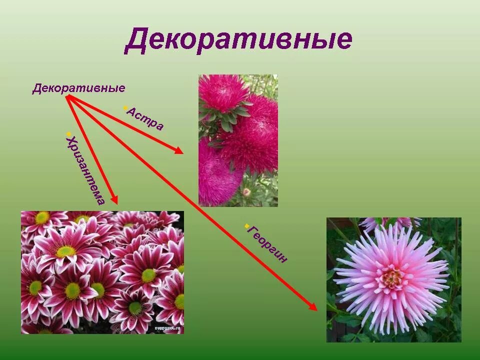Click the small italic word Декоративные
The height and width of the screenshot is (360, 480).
[x=78, y=88]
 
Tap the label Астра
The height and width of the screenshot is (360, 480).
[x=144, y=118]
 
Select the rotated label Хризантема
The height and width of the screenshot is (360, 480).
[x=85, y=170]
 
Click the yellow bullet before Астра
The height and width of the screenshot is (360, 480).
[x=125, y=107]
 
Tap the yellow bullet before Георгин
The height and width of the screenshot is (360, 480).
[x=247, y=226]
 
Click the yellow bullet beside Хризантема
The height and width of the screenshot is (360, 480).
[x=68, y=133]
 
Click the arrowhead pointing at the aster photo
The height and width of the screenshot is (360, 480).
[x=179, y=150]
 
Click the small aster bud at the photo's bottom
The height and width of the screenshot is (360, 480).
[x=246, y=192]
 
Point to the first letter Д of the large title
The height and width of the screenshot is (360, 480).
[x=135, y=40]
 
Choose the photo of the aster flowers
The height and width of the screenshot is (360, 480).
[x=238, y=140]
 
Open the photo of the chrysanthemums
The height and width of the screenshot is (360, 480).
[x=102, y=272]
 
